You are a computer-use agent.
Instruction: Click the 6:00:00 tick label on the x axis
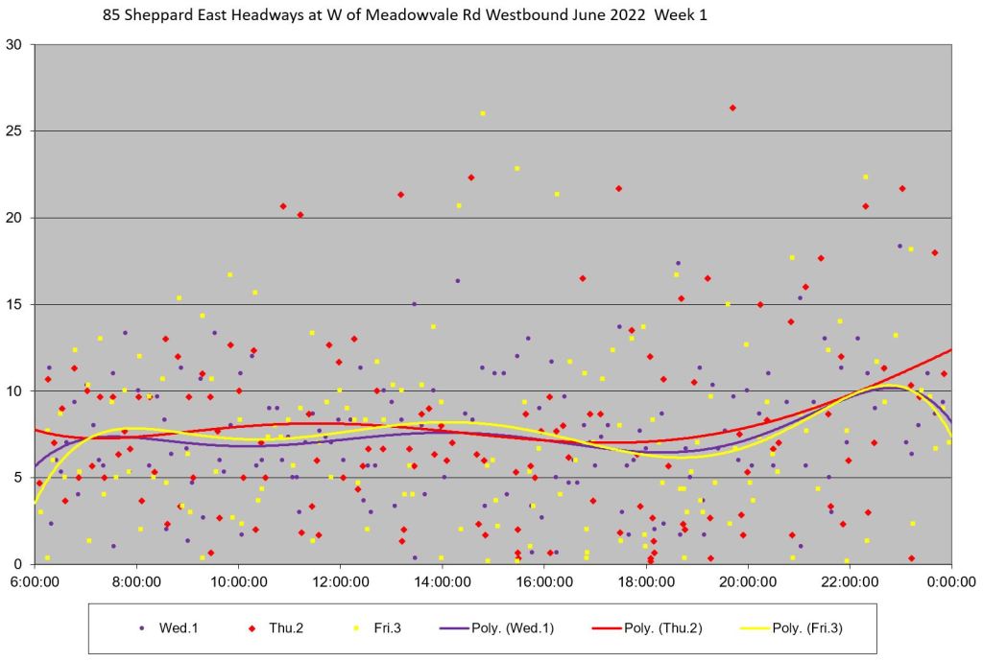point(36,580)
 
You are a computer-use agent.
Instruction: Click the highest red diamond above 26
point(732,107)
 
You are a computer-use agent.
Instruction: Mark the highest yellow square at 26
point(483,113)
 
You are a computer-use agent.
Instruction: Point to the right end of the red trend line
point(951,349)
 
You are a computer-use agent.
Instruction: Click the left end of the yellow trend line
point(36,502)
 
